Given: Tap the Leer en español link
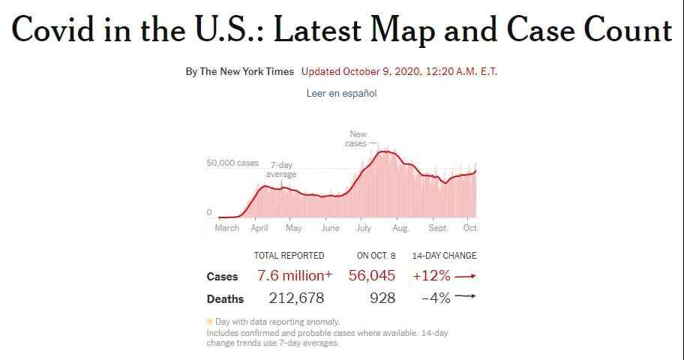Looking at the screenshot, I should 341,94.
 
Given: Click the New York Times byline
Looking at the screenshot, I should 239,72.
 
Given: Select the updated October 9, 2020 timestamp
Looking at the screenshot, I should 399,72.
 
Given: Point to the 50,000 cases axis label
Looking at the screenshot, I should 232,163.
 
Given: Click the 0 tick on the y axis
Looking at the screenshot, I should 210,213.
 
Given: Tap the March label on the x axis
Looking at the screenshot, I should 226,228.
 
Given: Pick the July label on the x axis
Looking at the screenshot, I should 363,228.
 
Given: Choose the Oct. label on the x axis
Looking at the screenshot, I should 470,228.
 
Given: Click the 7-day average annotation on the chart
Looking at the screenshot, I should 281,169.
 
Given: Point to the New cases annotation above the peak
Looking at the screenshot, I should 357,139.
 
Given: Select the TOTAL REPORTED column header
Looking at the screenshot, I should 289,256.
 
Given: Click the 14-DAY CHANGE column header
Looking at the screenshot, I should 444,256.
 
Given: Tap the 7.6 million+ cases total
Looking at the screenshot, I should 294,276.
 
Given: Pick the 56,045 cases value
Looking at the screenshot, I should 372,276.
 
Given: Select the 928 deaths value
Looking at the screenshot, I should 382,298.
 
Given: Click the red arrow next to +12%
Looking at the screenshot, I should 465,276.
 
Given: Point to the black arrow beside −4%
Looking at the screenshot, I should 465,297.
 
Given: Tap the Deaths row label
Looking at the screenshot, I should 225,299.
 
